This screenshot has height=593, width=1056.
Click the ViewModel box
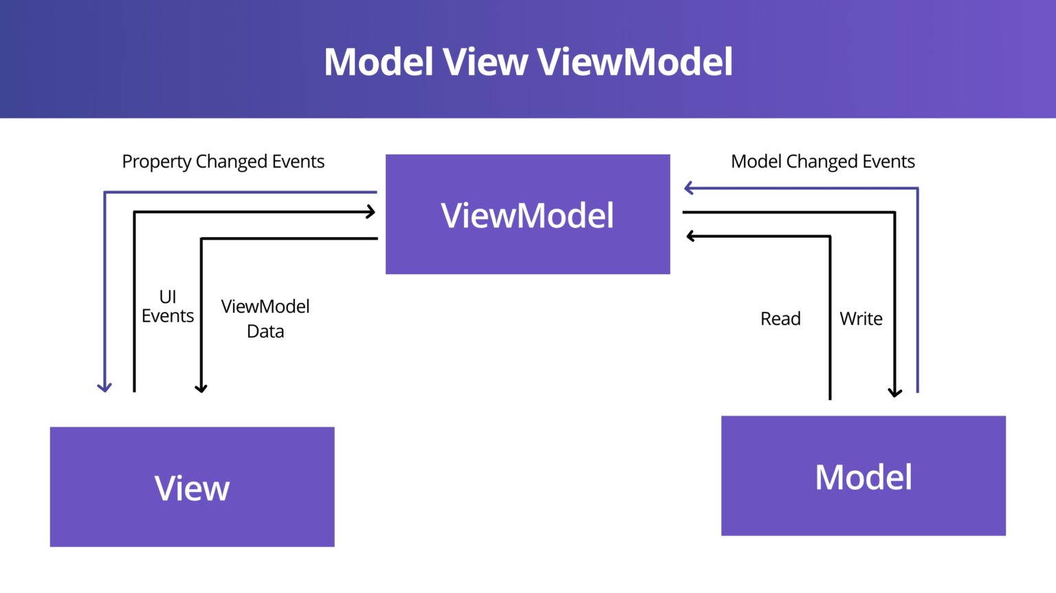(x=527, y=214)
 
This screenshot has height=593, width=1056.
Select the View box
(x=192, y=487)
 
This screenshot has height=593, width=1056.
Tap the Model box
(x=863, y=476)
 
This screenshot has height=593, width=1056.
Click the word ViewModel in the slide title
(x=635, y=62)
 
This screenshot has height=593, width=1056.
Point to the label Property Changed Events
(x=223, y=161)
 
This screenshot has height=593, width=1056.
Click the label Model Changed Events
(x=822, y=161)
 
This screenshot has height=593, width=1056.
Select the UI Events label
(x=168, y=306)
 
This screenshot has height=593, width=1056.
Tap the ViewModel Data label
(x=265, y=319)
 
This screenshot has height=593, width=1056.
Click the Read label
(x=780, y=319)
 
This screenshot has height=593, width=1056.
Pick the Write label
(x=861, y=319)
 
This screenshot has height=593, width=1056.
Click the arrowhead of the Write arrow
(x=894, y=393)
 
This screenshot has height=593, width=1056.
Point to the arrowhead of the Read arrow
(x=690, y=236)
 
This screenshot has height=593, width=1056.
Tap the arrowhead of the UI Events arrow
(x=371, y=212)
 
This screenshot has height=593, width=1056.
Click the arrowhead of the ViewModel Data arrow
(x=201, y=389)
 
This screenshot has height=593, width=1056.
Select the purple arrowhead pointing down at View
(x=104, y=388)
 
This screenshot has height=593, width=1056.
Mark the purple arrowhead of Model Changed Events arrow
(x=688, y=188)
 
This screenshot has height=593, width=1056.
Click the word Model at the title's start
(x=378, y=62)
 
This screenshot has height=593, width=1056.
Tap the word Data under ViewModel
(x=265, y=331)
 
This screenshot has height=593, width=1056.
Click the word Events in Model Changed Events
(x=888, y=161)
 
